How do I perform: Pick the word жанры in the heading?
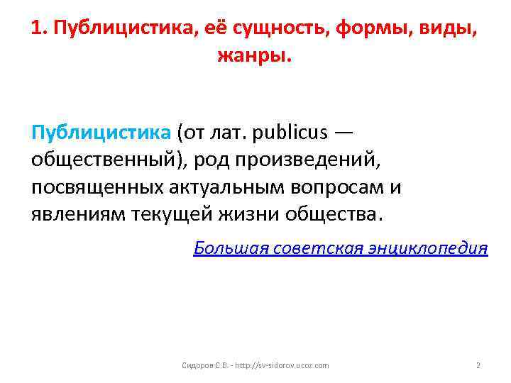point(253,56)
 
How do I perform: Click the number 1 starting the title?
point(37,30)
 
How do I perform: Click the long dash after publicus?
point(345,133)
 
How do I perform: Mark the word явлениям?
point(79,213)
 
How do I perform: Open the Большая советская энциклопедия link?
point(341,248)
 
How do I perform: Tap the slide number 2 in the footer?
point(478,365)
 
